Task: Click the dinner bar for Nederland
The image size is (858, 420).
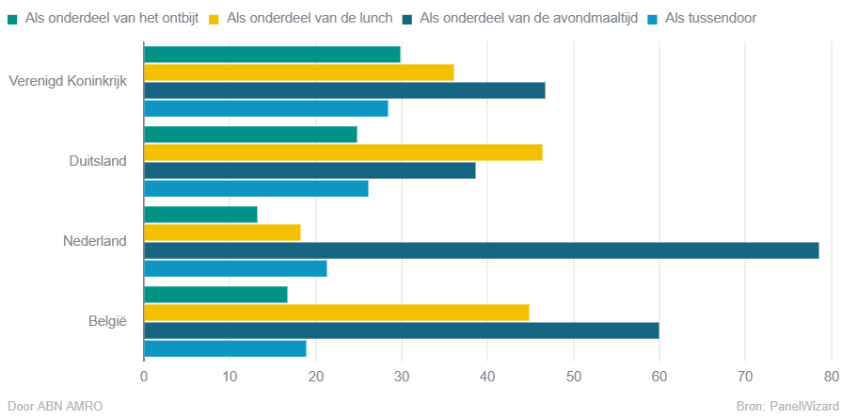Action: click(481, 250)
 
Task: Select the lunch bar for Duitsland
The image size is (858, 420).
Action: click(342, 153)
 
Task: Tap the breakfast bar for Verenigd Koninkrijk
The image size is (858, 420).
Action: click(272, 55)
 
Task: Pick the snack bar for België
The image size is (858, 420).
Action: click(225, 348)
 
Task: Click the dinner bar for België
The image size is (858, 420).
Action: click(401, 331)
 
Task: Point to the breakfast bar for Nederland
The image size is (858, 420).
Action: click(200, 215)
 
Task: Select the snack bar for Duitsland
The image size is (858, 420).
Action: click(256, 188)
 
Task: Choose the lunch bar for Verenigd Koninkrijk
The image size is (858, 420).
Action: click(298, 73)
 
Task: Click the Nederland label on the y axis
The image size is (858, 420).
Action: click(94, 241)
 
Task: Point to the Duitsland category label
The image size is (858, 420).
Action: click(98, 161)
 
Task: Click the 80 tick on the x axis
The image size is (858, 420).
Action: click(831, 377)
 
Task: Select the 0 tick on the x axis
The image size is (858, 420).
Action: click(144, 377)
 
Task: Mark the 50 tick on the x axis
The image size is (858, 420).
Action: click(573, 377)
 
